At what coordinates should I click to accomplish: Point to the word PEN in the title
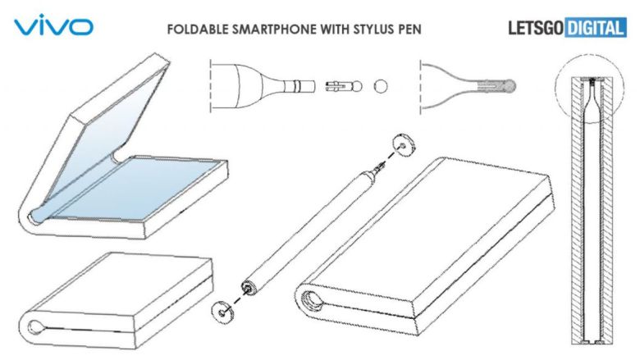click(x=405, y=30)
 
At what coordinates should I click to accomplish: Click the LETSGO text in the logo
click(x=536, y=28)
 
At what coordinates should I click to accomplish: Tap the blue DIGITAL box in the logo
click(x=596, y=28)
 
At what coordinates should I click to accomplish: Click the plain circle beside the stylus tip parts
click(x=381, y=86)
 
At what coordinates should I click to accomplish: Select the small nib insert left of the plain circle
click(x=344, y=86)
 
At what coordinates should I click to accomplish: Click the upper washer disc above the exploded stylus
click(x=404, y=144)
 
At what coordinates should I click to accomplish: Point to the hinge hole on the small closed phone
click(x=36, y=326)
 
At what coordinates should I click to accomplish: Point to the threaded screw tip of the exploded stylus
click(x=380, y=166)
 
